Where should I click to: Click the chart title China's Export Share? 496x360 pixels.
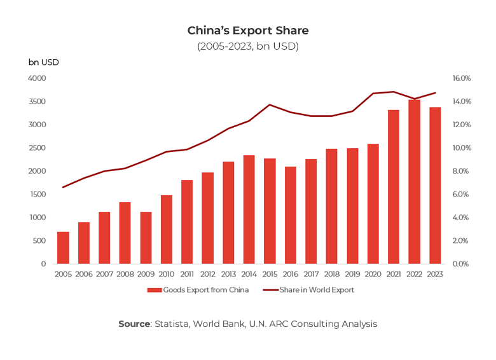[247, 31]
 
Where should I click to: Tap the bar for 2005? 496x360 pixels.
[63, 248]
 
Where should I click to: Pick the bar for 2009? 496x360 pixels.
[146, 238]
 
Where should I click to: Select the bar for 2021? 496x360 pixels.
[394, 187]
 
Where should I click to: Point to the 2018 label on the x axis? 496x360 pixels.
[331, 273]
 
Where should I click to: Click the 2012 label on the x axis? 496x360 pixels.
[207, 273]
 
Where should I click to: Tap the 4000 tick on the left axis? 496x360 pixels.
[38, 78]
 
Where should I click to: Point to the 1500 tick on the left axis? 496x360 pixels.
[38, 194]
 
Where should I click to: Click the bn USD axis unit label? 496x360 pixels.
[43, 62]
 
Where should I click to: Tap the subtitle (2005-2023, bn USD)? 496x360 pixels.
[247, 46]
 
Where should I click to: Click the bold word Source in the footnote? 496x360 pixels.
[134, 324]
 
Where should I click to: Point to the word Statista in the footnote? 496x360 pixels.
[172, 324]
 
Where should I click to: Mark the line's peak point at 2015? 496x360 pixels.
[270, 105]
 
